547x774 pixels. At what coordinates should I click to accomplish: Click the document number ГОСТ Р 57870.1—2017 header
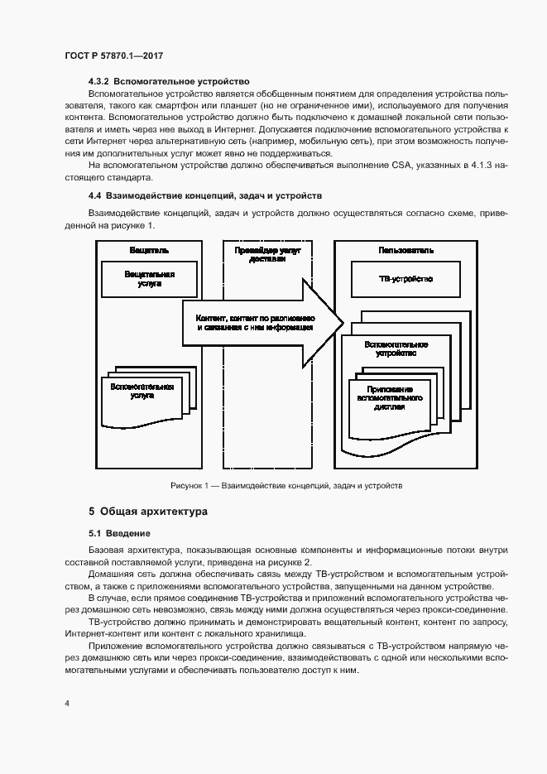[x=114, y=55]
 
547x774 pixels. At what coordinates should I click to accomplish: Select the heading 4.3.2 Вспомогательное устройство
[x=168, y=83]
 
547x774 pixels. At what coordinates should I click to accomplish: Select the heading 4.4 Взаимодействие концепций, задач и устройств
[x=205, y=195]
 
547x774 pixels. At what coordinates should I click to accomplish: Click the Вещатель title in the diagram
[x=149, y=250]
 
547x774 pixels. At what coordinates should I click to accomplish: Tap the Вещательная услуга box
[x=149, y=278]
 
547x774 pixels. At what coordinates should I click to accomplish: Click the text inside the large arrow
[x=254, y=322]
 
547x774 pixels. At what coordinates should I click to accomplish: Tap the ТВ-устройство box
[x=405, y=279]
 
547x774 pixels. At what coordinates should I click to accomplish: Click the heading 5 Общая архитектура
[x=148, y=512]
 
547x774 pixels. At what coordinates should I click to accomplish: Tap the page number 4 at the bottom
[x=67, y=704]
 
